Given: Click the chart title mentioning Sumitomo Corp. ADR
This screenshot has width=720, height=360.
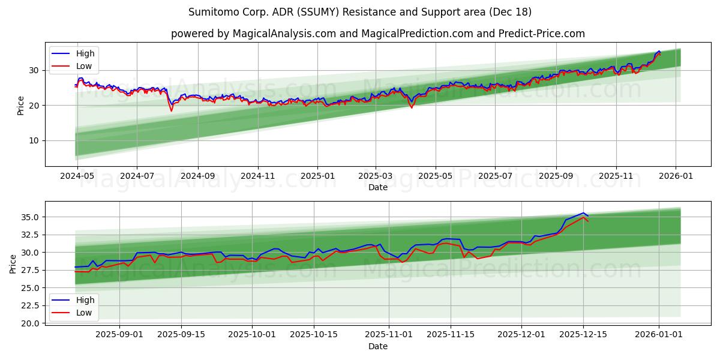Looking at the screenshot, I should (x=359, y=12).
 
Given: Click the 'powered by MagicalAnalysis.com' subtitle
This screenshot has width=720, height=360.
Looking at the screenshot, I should (x=377, y=34).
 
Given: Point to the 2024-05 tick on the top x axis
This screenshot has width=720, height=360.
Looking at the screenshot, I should (x=77, y=176).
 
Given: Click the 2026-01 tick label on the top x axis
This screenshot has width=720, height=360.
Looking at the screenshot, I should (x=676, y=176).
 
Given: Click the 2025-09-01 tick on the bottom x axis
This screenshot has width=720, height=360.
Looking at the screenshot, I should (x=119, y=335).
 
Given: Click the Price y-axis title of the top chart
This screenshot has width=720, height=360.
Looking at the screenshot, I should (x=21, y=106).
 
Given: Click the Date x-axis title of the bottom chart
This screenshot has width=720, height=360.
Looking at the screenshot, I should (x=377, y=346).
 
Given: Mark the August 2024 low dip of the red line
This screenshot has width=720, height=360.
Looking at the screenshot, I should (x=171, y=110).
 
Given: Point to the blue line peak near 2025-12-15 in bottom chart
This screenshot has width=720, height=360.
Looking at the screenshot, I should (x=583, y=213).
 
